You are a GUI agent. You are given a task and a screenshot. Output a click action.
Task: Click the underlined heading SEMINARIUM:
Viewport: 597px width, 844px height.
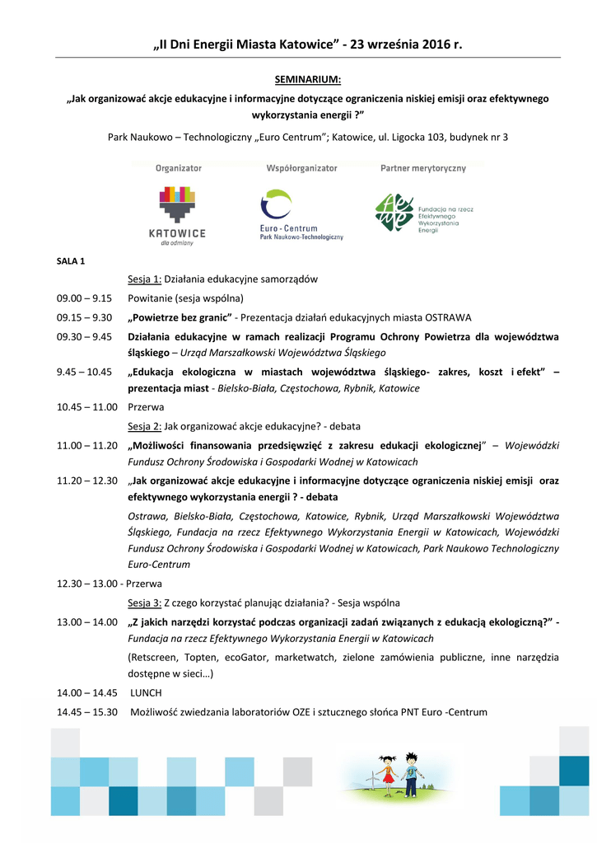(307, 80)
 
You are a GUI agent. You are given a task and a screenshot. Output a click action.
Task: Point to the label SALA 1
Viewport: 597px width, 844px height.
(71, 261)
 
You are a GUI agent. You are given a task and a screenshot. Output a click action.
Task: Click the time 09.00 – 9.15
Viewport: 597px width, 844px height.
(84, 298)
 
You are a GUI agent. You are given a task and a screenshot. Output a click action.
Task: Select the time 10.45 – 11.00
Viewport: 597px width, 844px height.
(87, 407)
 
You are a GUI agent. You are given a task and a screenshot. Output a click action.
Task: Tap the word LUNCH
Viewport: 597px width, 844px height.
(146, 693)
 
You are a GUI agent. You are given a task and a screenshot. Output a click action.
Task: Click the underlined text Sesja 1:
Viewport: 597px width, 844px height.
(144, 279)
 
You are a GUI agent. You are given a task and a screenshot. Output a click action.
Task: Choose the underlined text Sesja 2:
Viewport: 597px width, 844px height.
(144, 426)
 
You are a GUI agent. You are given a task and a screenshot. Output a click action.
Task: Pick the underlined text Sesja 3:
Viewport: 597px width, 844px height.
(144, 603)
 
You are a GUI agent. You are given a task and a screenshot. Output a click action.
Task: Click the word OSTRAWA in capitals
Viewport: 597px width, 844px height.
(448, 317)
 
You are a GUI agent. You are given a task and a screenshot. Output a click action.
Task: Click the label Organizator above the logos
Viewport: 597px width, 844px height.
(179, 168)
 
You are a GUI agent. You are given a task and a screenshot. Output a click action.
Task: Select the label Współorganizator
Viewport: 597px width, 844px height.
(301, 168)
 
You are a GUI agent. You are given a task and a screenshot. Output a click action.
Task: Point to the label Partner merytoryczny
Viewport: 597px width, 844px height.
(422, 168)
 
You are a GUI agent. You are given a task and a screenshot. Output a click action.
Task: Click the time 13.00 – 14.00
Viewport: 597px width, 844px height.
(87, 621)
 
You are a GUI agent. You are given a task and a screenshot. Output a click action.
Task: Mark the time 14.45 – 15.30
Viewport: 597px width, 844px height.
(87, 712)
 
